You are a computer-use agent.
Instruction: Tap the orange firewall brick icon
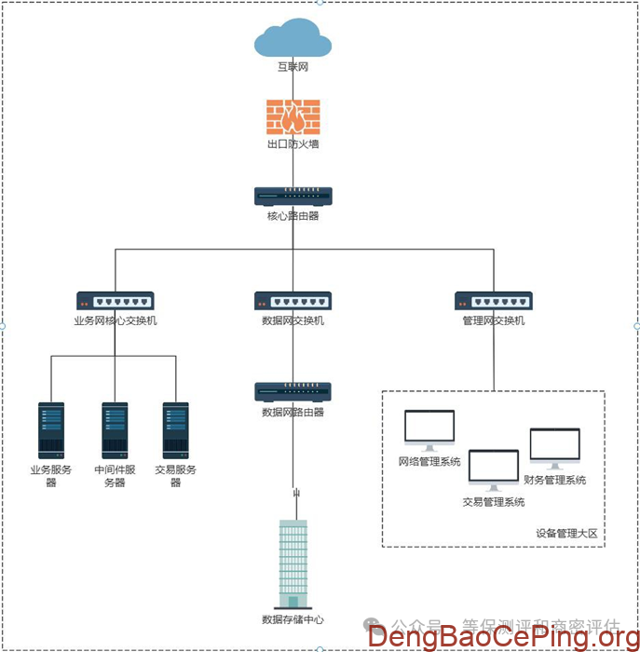click(x=293, y=117)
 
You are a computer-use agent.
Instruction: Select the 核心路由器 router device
click(x=293, y=197)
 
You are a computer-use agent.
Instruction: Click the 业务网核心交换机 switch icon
click(x=116, y=301)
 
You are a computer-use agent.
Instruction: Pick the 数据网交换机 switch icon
click(x=293, y=301)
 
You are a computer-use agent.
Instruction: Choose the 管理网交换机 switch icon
click(x=494, y=301)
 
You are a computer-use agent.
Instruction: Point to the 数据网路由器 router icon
click(x=293, y=391)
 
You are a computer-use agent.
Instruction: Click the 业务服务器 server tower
click(x=51, y=430)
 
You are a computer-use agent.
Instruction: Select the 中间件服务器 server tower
click(x=115, y=430)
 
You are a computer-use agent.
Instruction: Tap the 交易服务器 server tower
click(x=176, y=430)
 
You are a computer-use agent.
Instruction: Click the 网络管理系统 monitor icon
click(x=429, y=430)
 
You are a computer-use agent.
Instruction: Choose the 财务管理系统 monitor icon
click(x=555, y=448)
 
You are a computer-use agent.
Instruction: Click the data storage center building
click(x=293, y=564)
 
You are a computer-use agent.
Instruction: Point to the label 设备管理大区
click(x=566, y=534)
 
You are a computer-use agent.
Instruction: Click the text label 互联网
click(x=293, y=68)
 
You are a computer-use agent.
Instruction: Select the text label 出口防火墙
click(x=293, y=144)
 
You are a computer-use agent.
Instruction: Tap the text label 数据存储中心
click(x=293, y=619)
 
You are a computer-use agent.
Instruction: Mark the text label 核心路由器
click(x=293, y=216)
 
